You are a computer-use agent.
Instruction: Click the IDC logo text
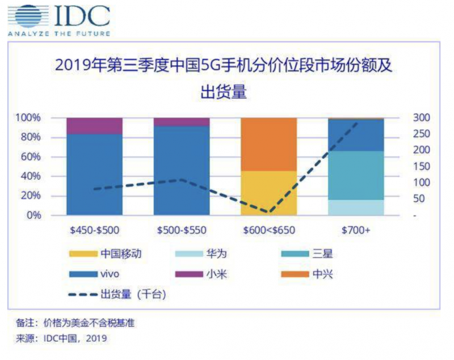point(82,17)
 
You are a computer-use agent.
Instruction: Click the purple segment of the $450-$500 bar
point(94,126)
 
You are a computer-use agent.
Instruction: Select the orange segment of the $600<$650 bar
point(268,144)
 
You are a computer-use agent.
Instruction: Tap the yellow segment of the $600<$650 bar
point(268,193)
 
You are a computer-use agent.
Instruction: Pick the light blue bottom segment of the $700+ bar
point(356,207)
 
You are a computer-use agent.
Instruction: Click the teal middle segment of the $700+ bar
point(356,175)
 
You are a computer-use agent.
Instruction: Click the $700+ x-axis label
point(356,231)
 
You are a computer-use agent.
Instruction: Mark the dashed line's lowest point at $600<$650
point(268,213)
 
